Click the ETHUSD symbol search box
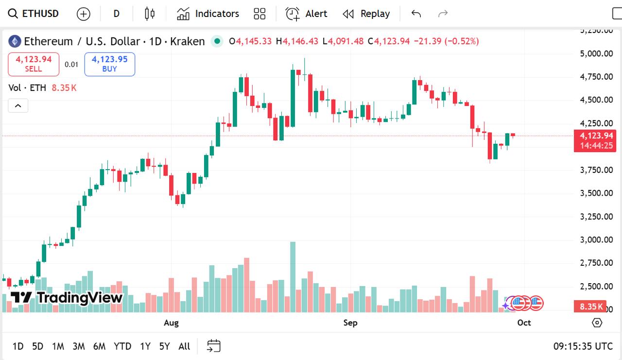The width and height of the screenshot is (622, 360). coord(34,14)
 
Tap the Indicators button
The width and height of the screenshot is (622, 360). coord(208,14)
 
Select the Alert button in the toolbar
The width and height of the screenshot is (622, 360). coord(307,14)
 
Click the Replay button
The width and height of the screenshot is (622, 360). coord(366,14)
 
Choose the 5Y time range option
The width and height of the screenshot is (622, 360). coord(164,346)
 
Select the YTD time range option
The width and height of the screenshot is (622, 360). coord(122,346)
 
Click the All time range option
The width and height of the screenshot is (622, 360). coord(184,346)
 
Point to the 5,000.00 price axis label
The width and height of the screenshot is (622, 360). coord(596,53)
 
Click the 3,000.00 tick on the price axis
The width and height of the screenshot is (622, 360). coord(596,240)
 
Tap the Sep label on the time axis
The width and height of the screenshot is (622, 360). coord(350,323)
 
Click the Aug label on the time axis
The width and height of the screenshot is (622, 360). coord(171,323)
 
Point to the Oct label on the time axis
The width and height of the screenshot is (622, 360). coord(524,323)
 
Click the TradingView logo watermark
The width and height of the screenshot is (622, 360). coord(67,297)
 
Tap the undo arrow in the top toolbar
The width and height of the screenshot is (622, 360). coord(416,14)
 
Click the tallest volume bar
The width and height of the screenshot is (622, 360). coord(293,277)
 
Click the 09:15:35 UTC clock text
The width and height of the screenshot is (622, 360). coord(583,346)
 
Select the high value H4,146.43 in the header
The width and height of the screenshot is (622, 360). coord(297,41)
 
